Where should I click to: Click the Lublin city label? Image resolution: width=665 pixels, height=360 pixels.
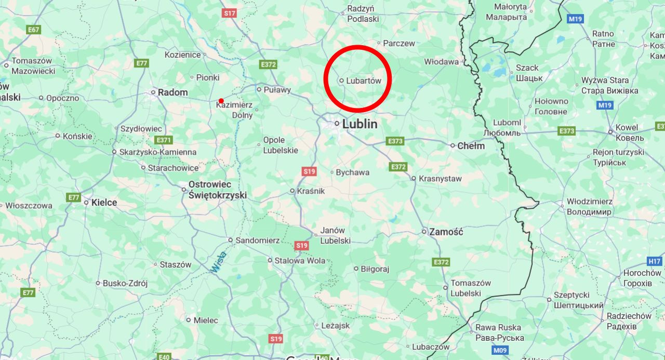359,124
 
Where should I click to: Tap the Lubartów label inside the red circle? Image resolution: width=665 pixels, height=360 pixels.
364,81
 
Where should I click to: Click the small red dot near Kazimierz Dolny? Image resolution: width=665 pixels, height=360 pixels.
221,101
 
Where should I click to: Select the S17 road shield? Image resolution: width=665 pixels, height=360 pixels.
229,13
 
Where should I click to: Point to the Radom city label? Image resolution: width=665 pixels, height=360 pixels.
172,92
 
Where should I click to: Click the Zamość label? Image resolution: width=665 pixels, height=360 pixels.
446,232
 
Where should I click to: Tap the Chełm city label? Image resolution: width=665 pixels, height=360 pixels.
471,146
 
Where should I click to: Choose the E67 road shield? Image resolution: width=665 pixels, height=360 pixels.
34,30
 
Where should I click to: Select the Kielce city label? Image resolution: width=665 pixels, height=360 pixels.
104,203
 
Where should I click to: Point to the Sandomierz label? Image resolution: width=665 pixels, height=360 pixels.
257,241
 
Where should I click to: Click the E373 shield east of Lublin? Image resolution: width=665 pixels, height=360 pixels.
395,141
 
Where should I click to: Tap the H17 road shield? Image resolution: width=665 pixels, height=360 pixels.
655,261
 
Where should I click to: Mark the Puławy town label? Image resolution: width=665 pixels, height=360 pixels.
277,89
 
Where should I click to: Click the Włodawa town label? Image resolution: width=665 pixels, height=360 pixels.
441,61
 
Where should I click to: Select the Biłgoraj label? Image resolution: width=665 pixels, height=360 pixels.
375,269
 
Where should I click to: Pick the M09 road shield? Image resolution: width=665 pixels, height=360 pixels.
500,351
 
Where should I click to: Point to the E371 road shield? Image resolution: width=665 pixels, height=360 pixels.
163,140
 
